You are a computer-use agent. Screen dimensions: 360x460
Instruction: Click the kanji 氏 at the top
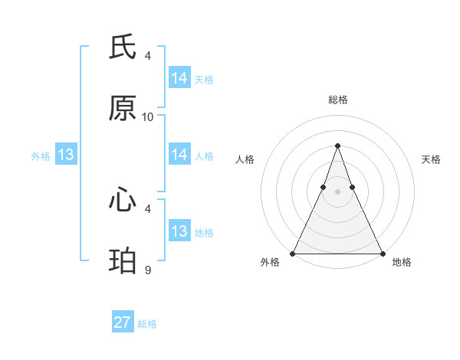coord(123,47)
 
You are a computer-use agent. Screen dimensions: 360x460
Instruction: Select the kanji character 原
coord(123,109)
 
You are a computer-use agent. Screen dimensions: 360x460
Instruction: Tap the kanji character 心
coord(123,201)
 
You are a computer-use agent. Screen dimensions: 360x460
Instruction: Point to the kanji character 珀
coord(123,262)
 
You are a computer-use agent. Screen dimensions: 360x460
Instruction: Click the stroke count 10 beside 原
coord(148,117)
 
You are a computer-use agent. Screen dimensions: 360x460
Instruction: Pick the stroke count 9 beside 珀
coord(148,270)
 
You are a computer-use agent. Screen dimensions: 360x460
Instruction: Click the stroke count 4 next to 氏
coord(148,55)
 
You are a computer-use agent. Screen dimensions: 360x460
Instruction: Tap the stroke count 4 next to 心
coord(148,208)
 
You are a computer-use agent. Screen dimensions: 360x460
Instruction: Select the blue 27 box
coord(123,322)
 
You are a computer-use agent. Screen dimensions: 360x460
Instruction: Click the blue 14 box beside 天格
coord(179,78)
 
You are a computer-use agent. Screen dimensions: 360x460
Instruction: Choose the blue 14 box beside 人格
coord(179,155)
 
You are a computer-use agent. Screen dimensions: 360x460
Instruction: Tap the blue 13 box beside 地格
coord(179,231)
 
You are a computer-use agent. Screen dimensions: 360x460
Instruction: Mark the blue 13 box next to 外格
coord(66,155)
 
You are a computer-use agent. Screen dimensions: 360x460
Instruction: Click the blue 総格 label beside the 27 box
coord(147,324)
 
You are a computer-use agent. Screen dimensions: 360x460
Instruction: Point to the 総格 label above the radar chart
coord(337,100)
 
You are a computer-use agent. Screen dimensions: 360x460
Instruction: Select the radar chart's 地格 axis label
coord(402,262)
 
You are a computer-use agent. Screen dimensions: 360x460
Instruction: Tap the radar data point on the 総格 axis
coord(337,146)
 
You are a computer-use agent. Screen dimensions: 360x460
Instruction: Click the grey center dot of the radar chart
coord(337,191)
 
